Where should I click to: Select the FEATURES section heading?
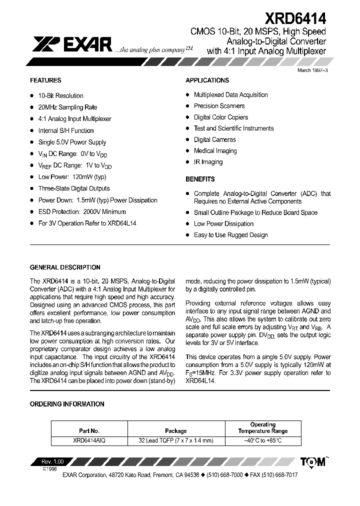45,80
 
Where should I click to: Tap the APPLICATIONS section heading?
207,80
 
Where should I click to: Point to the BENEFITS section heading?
200,179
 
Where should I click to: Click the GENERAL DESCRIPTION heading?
65,267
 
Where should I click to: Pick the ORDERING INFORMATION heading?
67,404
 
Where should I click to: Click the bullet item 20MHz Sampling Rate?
67,107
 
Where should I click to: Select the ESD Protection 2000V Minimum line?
82,212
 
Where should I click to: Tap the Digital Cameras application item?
215,139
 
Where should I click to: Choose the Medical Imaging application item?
215,151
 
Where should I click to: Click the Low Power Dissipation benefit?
223,224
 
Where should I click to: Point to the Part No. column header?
89,430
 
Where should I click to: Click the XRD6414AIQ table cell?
89,440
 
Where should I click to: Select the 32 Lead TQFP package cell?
175,440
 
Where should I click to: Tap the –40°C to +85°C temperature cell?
262,440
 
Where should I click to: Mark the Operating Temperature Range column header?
262,427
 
